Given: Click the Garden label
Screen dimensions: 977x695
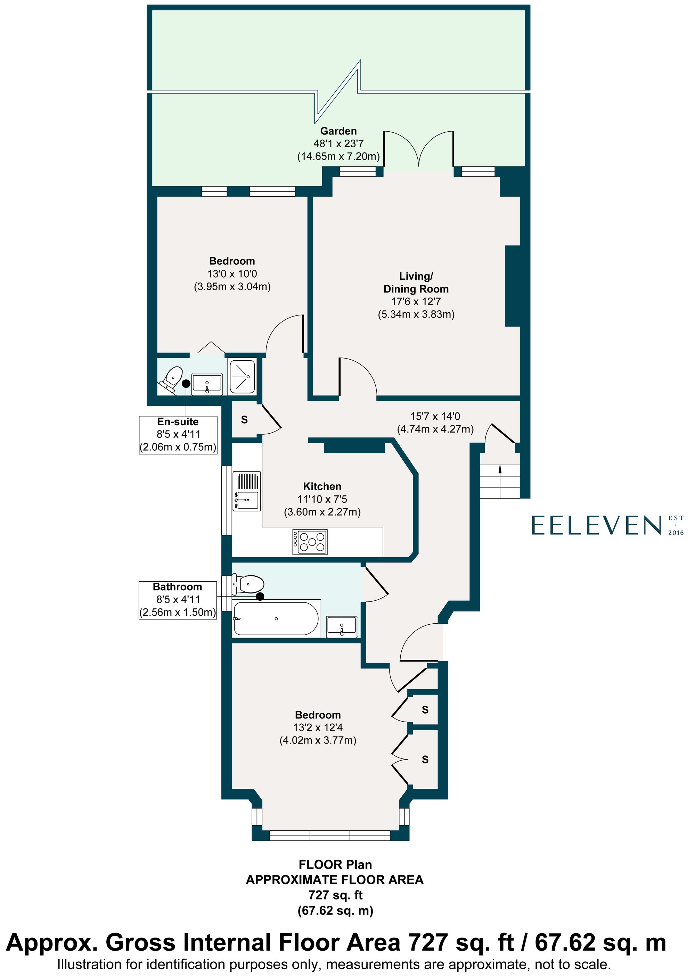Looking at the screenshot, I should [x=338, y=131].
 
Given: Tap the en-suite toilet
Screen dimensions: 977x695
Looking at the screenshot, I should [x=171, y=379].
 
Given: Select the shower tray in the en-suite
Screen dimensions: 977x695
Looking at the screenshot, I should [x=242, y=376].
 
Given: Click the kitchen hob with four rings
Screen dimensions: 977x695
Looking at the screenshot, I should [x=310, y=542].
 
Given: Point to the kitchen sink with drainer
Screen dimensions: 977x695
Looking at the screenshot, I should [x=246, y=491].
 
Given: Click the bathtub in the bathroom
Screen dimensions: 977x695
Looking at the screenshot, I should [x=276, y=618].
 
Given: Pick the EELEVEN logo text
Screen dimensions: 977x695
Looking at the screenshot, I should [x=596, y=525].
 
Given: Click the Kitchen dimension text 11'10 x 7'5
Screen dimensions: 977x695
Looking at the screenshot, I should [x=322, y=499].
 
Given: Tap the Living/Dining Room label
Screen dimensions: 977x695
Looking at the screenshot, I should [x=416, y=282].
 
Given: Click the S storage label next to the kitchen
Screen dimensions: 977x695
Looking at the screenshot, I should [x=244, y=420].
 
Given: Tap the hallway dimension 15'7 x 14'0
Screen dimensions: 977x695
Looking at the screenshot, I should [x=435, y=416].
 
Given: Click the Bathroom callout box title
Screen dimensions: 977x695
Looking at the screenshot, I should [x=177, y=587].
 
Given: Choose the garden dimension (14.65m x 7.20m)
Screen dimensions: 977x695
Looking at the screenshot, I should [x=338, y=156].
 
